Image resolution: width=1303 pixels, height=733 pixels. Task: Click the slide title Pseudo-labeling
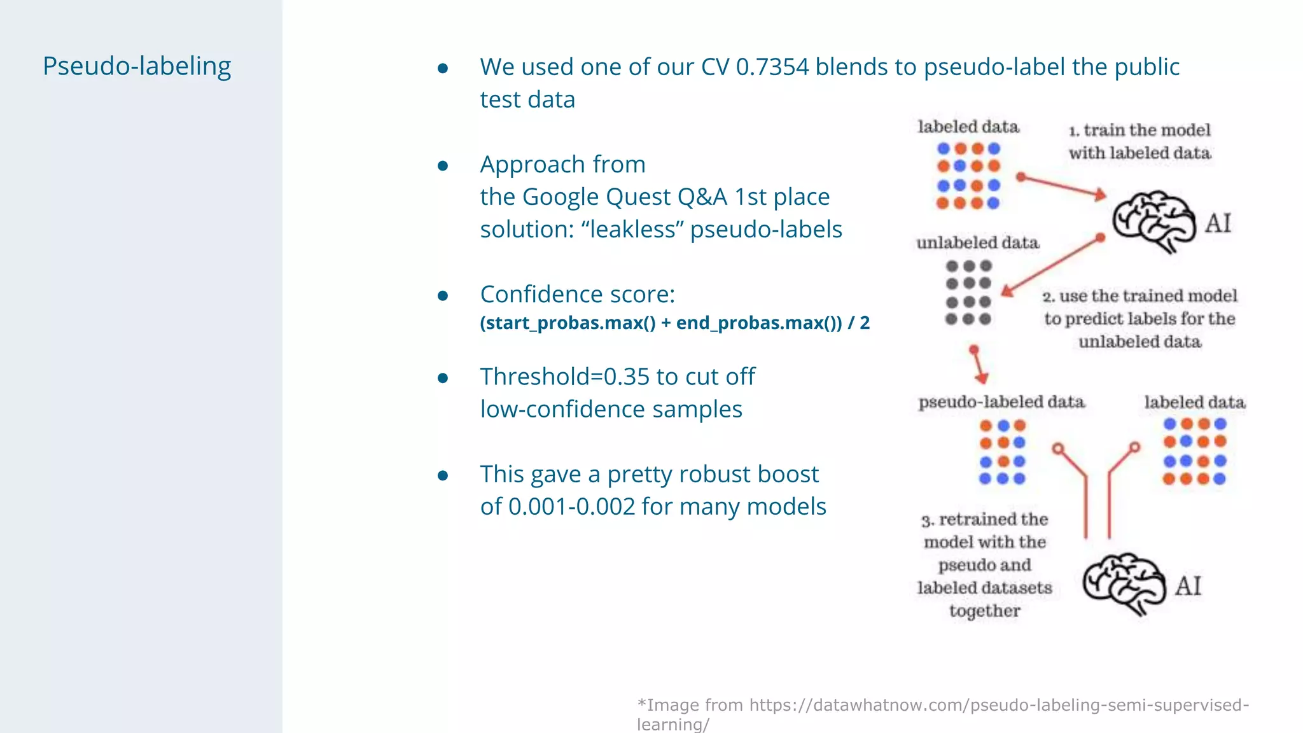137,66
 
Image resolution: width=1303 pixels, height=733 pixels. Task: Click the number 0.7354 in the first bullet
772,67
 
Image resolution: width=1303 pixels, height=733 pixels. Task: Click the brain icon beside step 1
1153,221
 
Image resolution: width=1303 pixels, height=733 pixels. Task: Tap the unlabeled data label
977,243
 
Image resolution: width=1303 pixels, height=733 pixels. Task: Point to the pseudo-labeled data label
1001,402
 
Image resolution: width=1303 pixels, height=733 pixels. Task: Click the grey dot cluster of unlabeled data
968,293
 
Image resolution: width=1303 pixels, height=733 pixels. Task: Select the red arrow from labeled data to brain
1063,186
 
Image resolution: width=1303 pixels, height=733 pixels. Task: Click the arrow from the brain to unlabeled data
1051,266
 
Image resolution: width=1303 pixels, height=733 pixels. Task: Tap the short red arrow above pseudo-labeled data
978,365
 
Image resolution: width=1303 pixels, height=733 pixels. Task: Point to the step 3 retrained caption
984,564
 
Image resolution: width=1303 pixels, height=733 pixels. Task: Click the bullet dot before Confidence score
443,296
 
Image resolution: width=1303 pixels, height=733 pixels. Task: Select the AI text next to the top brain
1218,223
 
